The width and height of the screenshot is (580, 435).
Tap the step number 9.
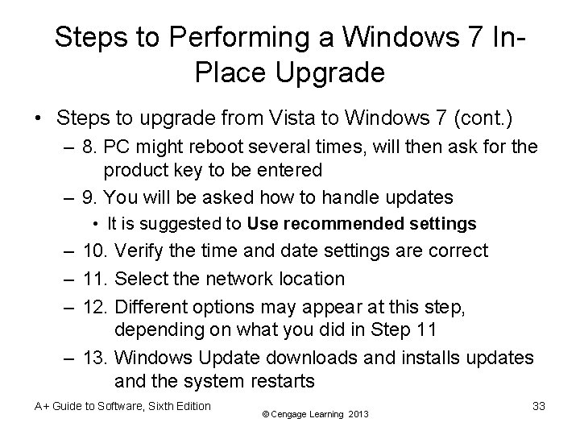click(89, 196)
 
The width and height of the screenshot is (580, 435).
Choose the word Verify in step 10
click(143, 251)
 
